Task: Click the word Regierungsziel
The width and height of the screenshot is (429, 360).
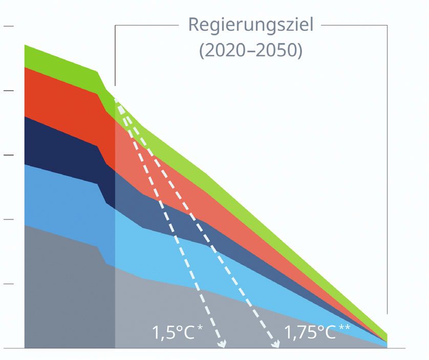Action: coord(250,24)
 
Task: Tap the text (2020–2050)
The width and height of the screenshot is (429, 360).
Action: coord(250,51)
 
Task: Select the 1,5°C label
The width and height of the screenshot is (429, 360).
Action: coord(174,333)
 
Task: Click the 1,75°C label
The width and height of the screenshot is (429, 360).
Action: coord(310,333)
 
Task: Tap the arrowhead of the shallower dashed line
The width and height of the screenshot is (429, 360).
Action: coord(275,344)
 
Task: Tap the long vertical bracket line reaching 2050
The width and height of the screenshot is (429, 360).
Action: coord(387,169)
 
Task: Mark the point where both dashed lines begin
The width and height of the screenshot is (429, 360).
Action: coord(117,99)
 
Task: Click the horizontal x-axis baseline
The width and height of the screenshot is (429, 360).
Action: coord(215,349)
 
